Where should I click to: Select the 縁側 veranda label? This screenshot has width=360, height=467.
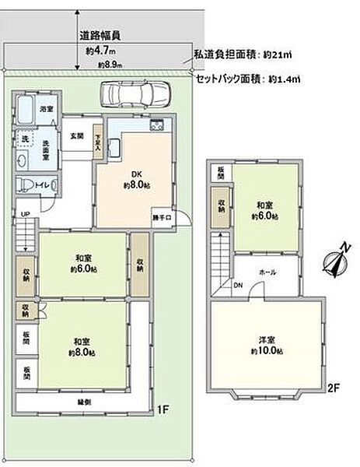[83, 402]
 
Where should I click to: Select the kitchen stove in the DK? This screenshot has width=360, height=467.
[156, 127]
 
